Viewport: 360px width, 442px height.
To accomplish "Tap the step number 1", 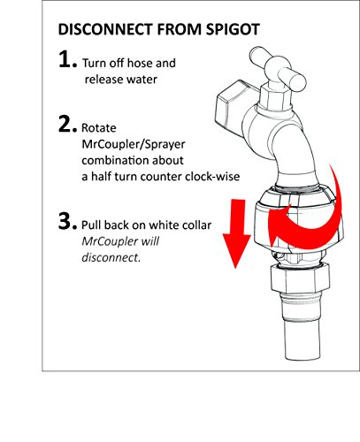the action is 68,59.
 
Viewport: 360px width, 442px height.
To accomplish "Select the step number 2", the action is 68,124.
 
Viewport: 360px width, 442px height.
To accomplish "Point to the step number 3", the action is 68,221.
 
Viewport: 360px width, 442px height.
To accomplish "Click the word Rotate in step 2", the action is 99,128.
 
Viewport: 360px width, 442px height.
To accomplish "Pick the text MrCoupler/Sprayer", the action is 134,145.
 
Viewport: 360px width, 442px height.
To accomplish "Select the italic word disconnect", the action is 111,257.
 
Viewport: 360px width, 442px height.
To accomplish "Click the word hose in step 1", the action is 139,63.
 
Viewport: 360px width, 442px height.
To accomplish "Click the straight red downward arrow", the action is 236,233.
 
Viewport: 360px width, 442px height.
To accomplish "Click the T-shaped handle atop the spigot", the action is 278,70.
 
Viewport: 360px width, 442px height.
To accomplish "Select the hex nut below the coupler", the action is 296,278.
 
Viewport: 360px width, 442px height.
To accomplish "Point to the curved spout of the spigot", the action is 295,156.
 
